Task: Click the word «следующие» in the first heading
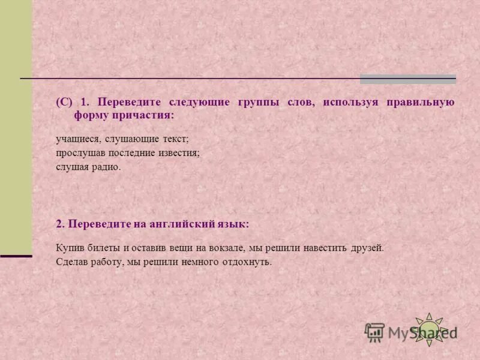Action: pos(201,103)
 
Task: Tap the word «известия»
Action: pos(178,153)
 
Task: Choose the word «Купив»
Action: pos(68,247)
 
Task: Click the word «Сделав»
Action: pos(71,262)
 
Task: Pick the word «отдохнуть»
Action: pos(247,262)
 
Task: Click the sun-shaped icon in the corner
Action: pos(429,329)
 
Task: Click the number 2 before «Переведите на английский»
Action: pos(59,223)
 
